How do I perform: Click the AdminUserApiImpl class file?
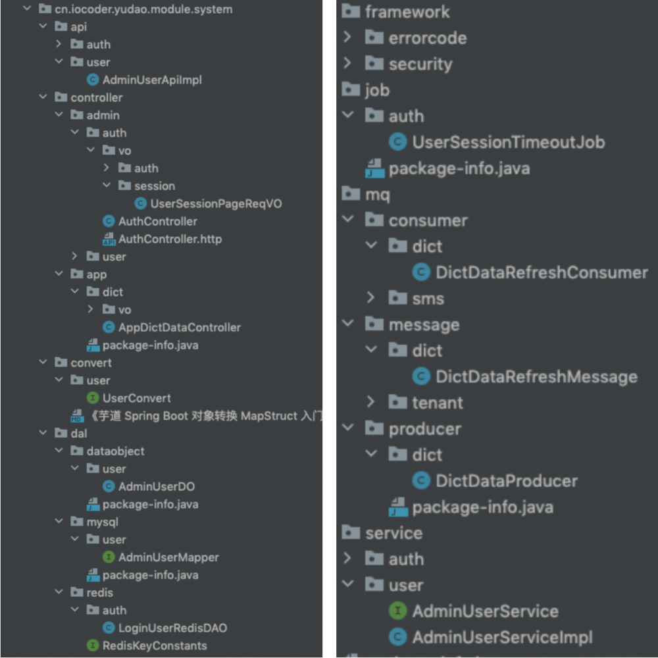tap(152, 80)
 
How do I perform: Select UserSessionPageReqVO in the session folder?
tap(216, 203)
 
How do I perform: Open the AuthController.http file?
tap(170, 239)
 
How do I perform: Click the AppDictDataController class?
tap(179, 327)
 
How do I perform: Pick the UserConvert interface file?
tap(136, 398)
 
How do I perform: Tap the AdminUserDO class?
tap(156, 486)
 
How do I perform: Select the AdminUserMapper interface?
tap(168, 557)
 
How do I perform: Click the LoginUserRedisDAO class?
tap(172, 628)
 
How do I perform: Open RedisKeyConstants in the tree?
tap(155, 645)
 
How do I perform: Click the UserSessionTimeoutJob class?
tap(508, 142)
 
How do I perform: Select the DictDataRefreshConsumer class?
tap(541, 272)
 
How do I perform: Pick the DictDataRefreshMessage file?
tap(536, 376)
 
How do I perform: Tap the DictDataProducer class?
tap(506, 481)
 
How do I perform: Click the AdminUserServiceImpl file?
tap(502, 637)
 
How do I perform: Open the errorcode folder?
tap(427, 38)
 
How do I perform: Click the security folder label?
tap(420, 64)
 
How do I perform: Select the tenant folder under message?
tap(437, 402)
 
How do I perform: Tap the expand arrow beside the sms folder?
tap(371, 298)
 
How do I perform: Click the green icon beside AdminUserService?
tap(398, 611)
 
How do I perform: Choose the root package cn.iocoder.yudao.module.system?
tap(143, 9)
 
